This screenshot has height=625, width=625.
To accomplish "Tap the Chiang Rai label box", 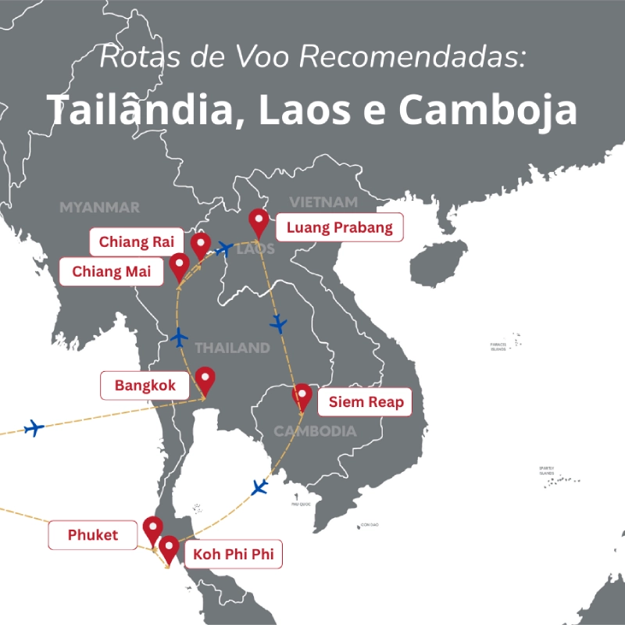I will click(x=136, y=242).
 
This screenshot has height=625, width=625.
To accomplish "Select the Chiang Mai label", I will click(x=112, y=272).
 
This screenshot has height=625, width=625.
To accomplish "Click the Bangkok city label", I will click(x=145, y=385).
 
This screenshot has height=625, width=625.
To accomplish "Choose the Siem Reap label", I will click(x=366, y=403).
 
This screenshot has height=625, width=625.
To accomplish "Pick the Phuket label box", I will click(x=93, y=535).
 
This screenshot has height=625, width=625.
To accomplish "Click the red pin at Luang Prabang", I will click(x=258, y=222).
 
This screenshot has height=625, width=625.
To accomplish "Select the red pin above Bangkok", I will click(x=205, y=380).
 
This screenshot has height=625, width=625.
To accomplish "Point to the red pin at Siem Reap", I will click(x=302, y=396).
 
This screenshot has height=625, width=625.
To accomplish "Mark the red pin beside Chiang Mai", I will click(x=179, y=266).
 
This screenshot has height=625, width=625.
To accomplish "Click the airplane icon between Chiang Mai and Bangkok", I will click(x=180, y=337).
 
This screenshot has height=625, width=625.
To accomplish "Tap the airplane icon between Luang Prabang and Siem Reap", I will click(x=278, y=323).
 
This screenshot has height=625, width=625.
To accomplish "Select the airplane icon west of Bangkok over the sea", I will click(x=34, y=427).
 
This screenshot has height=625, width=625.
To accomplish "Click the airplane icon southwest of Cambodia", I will click(x=259, y=487).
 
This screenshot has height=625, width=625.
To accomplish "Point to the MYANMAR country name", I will click(x=99, y=207).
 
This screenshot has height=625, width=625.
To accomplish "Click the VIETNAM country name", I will click(x=323, y=202).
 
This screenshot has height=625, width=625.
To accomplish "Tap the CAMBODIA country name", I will click(x=315, y=431).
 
